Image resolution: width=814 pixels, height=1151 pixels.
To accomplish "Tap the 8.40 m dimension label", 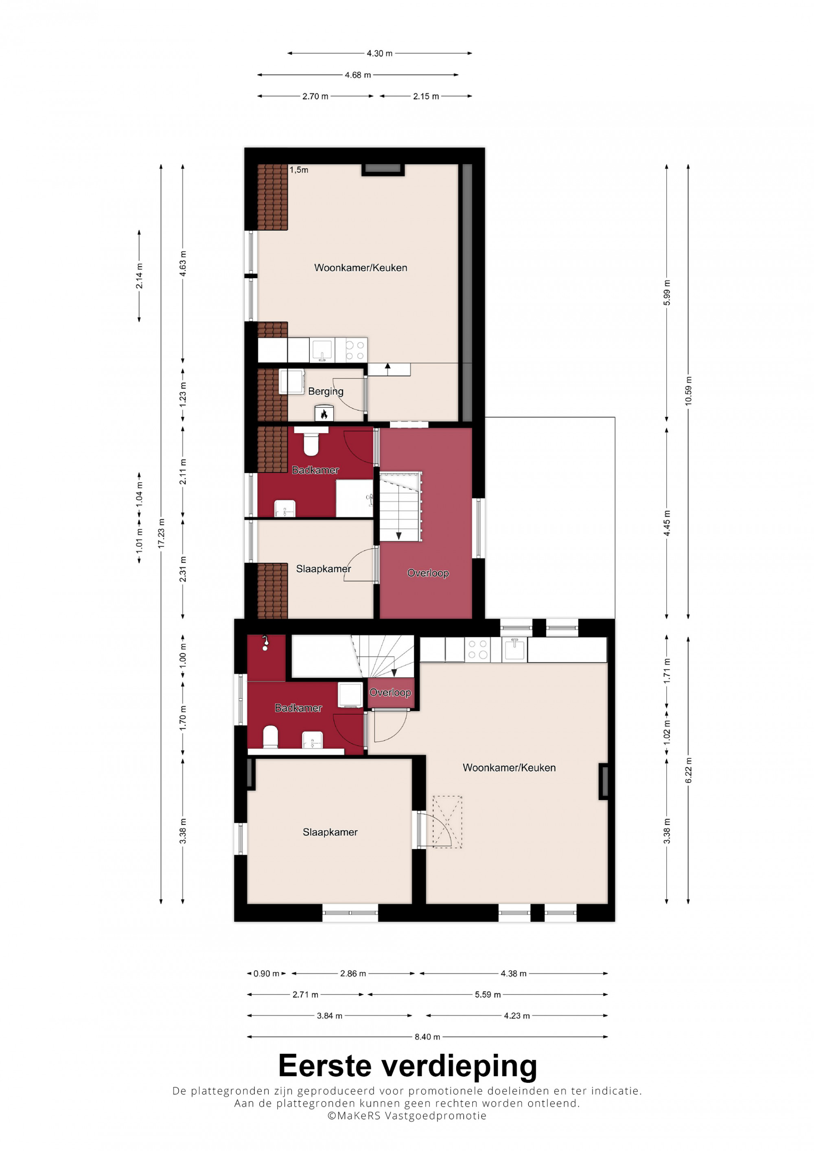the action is (427, 1037).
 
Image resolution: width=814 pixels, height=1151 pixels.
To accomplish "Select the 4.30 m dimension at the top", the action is (380, 53).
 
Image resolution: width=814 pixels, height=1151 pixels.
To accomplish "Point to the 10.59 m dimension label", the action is (688, 391).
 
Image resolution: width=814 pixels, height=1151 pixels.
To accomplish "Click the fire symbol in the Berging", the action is (324, 414).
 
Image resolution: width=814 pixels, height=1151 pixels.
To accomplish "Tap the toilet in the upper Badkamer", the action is (311, 441).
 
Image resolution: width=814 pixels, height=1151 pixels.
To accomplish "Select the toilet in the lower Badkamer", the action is (270, 737).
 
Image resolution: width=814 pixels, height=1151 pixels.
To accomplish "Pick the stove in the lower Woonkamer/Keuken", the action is (477, 649).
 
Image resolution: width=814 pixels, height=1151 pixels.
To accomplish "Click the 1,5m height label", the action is (299, 170).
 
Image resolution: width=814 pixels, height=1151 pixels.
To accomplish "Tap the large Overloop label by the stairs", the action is (428, 573).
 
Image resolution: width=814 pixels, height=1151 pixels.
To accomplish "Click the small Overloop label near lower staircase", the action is (390, 692).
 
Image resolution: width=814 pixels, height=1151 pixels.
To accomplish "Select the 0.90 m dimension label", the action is (266, 974).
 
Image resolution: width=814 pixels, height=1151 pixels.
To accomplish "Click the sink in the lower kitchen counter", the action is (514, 649).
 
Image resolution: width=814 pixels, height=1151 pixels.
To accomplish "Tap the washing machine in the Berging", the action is (291, 381).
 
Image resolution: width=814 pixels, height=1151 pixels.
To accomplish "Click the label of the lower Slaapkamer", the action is (330, 832).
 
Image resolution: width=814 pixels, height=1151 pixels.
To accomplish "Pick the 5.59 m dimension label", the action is (488, 994).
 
